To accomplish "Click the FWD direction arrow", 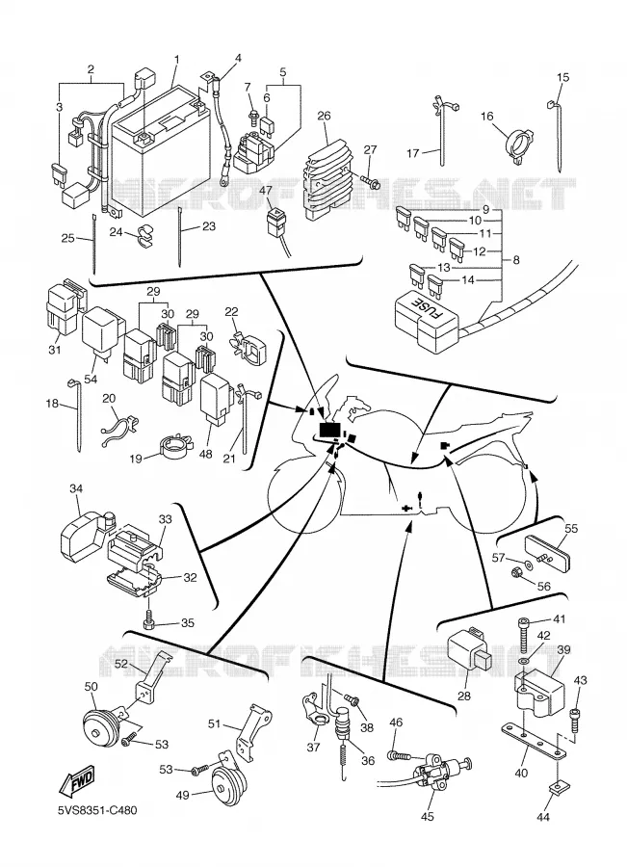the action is click(x=77, y=780).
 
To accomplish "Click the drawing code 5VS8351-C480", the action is click(x=98, y=810).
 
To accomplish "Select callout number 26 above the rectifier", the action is click(x=324, y=116).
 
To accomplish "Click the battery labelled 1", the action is click(x=160, y=149).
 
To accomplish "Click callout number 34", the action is click(x=76, y=488).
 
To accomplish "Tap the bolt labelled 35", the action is click(x=149, y=620).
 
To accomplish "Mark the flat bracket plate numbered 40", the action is click(x=534, y=741).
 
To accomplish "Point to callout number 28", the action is click(x=464, y=696).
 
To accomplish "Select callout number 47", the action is click(x=266, y=190).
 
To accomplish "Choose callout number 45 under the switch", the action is click(x=427, y=816).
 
